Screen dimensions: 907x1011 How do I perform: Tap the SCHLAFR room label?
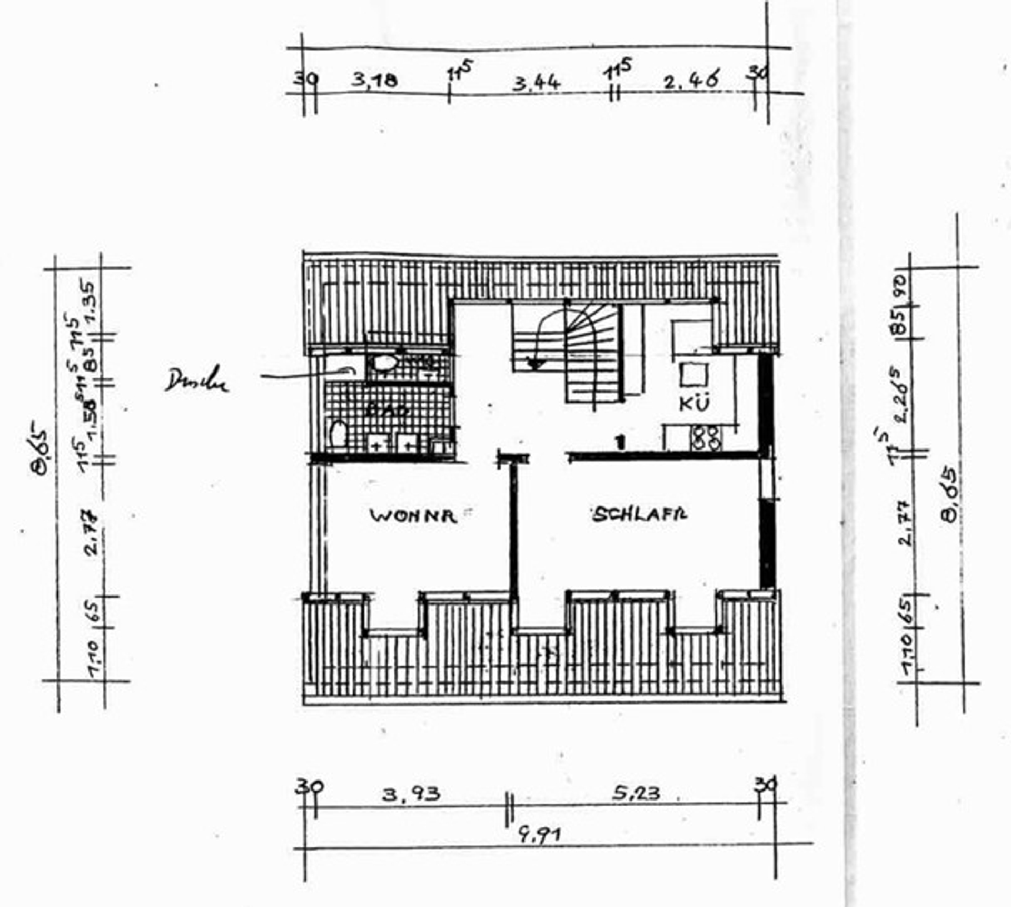[640, 514]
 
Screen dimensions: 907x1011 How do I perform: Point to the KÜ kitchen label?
[695, 403]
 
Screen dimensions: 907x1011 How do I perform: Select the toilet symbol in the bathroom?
[338, 435]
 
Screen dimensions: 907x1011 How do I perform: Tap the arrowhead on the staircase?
[537, 364]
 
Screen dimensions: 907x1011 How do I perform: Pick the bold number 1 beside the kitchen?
[621, 442]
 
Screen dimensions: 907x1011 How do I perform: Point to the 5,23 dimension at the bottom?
[636, 792]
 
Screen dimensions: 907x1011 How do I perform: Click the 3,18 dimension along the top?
[374, 81]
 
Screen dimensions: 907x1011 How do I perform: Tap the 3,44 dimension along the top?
[537, 83]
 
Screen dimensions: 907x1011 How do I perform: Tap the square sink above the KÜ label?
[689, 375]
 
